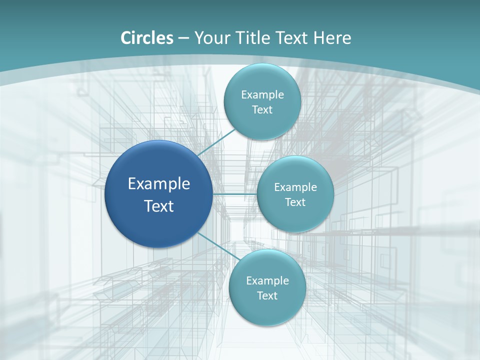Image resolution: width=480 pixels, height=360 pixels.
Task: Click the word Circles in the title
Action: coord(146,38)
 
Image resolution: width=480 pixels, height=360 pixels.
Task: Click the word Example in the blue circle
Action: coord(159,184)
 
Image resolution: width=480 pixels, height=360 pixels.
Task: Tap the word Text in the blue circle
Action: coord(159,206)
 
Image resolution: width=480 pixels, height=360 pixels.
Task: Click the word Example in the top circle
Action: coord(262,95)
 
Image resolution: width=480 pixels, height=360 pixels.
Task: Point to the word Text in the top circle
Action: coord(262,110)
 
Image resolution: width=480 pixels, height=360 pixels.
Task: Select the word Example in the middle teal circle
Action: coord(295,187)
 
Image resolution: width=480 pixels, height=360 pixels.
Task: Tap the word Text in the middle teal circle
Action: coord(295,202)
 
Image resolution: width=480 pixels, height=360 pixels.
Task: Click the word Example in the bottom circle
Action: coord(267,281)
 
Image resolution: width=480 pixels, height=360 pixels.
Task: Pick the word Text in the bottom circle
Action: coord(267,296)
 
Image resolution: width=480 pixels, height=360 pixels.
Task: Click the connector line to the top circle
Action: coord(216,143)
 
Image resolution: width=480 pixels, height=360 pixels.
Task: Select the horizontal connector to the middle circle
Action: coord(235,194)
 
